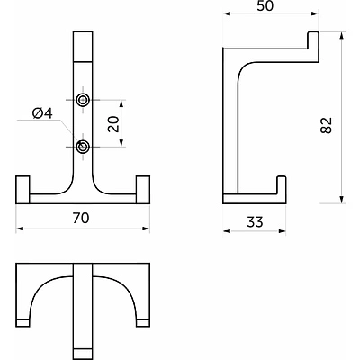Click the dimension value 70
click(81, 218)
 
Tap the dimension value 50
click(265, 6)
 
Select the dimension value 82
click(327, 125)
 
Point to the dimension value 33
click(255, 222)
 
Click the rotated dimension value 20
click(113, 124)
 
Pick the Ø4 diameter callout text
click(42, 113)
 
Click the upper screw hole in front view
click(83, 100)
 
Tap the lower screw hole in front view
click(83, 147)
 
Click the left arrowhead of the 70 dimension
click(20, 229)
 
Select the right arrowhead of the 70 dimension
click(146, 229)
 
